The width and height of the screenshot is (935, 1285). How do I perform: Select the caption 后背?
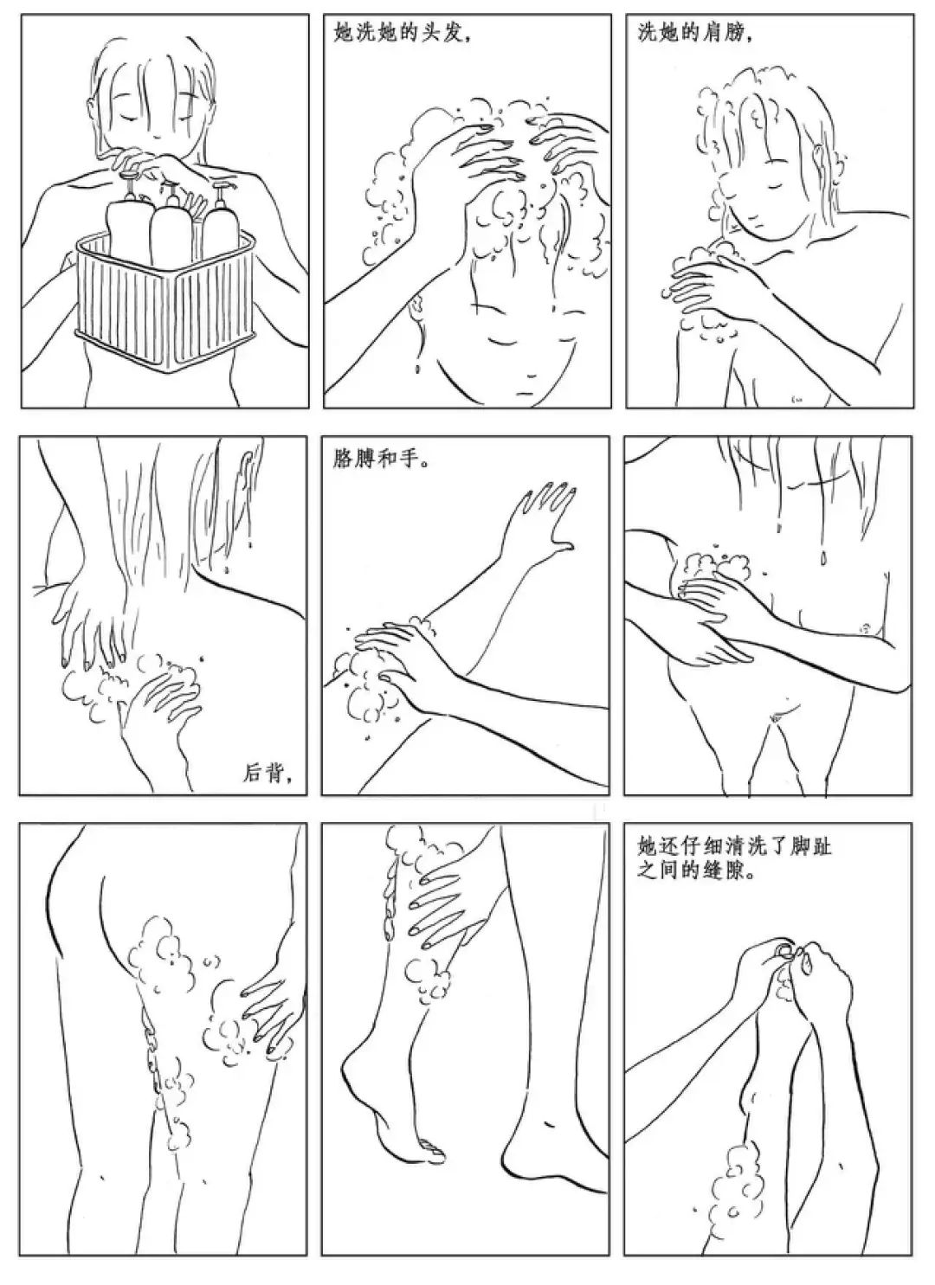262,774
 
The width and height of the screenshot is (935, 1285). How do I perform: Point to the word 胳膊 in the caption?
352,461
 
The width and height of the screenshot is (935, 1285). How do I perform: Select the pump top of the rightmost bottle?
220,193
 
